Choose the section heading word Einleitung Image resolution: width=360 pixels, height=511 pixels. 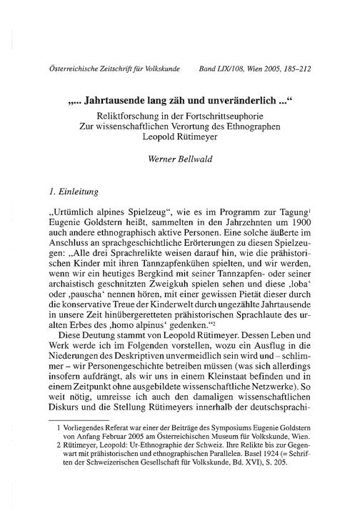tap(81, 192)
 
